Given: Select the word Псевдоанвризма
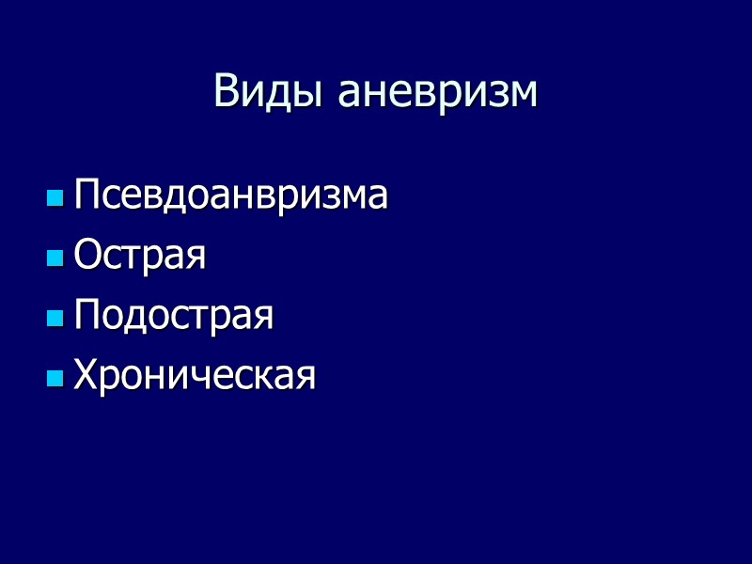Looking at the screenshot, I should tap(230, 196).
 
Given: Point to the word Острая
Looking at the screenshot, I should tap(140, 257).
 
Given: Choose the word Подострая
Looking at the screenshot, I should tap(174, 317).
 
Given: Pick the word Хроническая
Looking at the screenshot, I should tap(195, 377).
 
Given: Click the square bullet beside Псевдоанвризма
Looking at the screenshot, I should tap(55, 198).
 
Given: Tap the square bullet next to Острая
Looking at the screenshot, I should tap(55, 258).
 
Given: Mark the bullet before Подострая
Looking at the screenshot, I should tap(55, 319).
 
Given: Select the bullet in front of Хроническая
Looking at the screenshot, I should tap(55, 379).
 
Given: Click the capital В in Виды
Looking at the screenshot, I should tap(226, 92).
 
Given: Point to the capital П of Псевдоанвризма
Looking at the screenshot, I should tap(86, 196).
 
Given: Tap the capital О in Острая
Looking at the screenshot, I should tap(87, 256).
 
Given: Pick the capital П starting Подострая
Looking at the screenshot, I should tap(86, 316).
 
